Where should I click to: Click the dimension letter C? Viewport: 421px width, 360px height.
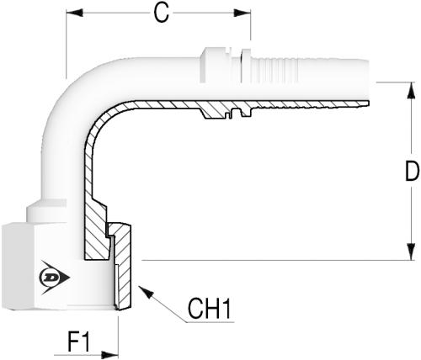click(162, 13)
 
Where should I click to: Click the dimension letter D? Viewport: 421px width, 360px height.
click(413, 171)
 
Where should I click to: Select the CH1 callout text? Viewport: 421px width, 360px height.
click(210, 309)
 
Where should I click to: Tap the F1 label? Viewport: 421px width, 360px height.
click(79, 341)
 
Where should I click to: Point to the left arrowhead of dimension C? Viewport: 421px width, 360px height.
click(74, 13)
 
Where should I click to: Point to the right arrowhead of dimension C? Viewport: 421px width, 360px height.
click(242, 13)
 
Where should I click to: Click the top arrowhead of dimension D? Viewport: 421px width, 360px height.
click(411, 90)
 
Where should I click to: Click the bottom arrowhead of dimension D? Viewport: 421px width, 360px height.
click(411, 251)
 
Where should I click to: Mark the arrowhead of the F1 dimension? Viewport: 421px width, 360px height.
click(109, 355)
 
